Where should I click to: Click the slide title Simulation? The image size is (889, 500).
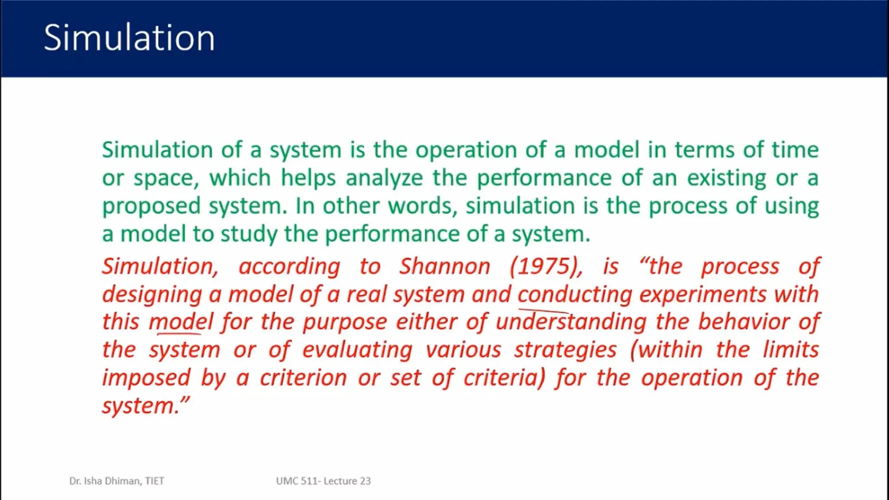[x=129, y=38]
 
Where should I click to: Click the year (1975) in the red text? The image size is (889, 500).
[x=546, y=266]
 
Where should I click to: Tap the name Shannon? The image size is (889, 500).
[x=444, y=266]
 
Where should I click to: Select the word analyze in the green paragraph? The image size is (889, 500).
[x=384, y=178]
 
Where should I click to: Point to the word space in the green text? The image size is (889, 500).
[x=165, y=178]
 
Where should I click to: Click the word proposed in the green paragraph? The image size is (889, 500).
[x=151, y=207]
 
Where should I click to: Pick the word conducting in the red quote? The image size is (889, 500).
[x=574, y=294]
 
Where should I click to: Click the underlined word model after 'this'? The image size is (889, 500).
[x=181, y=322]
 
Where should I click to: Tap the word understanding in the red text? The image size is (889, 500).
[x=571, y=322]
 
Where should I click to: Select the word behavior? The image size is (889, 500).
[x=744, y=322]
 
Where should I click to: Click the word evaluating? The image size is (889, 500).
[x=357, y=350]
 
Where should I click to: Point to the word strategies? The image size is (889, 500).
[x=565, y=350]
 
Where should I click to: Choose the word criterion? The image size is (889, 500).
[x=303, y=378]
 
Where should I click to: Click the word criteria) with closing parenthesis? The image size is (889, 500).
[x=504, y=378]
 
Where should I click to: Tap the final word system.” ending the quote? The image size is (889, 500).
[x=145, y=406]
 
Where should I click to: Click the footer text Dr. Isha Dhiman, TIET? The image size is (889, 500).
[x=116, y=481]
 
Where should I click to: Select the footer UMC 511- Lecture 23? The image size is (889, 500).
[x=323, y=481]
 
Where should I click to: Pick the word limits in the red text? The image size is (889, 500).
[x=790, y=350]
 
